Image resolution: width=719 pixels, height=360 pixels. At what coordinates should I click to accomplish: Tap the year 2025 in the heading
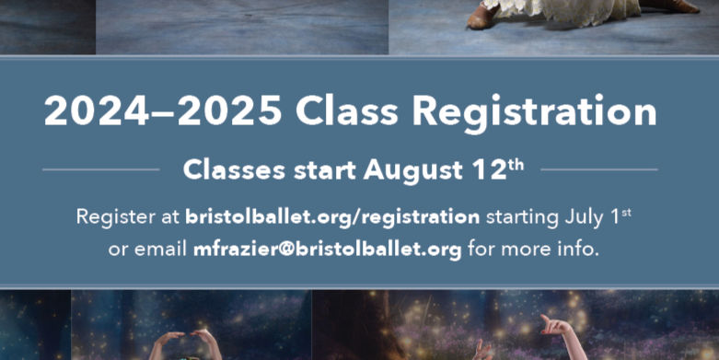pos(230,112)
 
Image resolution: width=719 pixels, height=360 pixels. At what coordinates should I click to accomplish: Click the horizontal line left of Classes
pos(100,169)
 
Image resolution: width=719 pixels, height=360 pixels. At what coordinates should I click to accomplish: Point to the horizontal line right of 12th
pos(598,169)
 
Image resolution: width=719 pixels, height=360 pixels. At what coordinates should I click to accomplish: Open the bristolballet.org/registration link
pos(332,218)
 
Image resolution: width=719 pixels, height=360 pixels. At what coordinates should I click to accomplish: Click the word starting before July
pos(522,218)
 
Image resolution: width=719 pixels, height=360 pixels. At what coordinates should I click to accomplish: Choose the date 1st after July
pos(623,216)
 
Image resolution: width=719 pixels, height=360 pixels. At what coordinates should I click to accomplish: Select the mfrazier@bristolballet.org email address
pos(328,249)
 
